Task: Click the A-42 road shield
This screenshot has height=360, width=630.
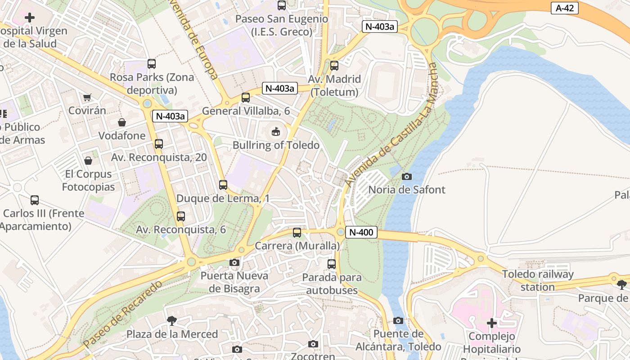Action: pos(564,8)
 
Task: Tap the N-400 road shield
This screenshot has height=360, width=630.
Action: pos(361,233)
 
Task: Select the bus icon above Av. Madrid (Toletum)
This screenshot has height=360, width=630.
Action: pos(334,66)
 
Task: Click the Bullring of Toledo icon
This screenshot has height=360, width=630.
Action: pos(275,132)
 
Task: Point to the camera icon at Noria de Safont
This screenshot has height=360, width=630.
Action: pos(406,176)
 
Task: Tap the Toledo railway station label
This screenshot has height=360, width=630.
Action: pos(538,280)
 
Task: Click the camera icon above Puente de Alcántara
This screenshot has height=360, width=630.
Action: pos(398,320)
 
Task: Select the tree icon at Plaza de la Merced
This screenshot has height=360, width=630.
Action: pos(171,320)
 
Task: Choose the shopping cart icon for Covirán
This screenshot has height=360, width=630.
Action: pos(87,97)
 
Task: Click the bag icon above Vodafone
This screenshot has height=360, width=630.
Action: pos(121,122)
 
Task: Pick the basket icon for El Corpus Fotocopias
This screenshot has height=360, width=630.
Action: pos(88,161)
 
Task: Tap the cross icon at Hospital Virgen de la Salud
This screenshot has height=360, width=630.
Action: pos(30,18)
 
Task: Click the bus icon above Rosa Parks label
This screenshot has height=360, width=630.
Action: pos(152,64)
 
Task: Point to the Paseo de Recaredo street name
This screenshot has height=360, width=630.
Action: pos(122,314)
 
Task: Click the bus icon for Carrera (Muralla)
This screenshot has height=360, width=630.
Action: pos(297,233)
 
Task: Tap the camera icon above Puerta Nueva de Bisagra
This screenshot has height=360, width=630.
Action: pos(234,262)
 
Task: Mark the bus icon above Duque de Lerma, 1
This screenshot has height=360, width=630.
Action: pos(223,184)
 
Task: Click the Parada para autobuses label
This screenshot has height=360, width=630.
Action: pos(332,283)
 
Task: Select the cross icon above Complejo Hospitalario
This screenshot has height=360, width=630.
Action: pos(492,323)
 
